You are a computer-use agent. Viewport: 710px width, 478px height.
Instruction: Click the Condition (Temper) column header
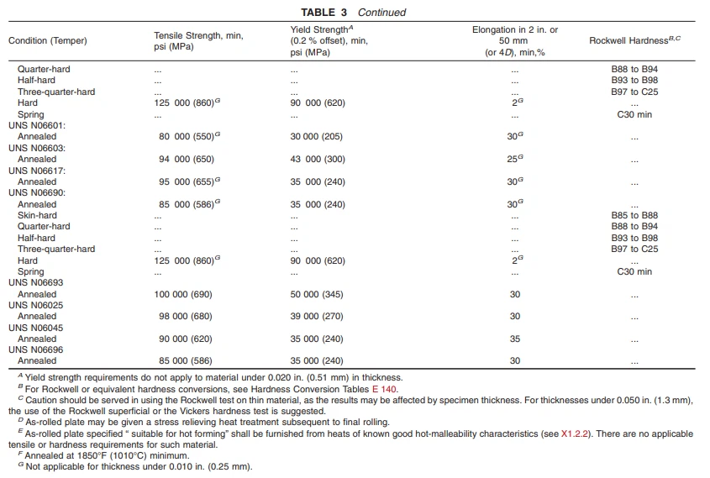tap(48, 40)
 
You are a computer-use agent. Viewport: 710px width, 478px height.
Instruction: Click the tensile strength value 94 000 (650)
tap(186, 160)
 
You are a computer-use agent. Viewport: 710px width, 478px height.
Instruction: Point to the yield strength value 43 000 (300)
tap(318, 160)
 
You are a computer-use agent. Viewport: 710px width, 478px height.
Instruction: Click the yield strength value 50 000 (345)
tap(318, 295)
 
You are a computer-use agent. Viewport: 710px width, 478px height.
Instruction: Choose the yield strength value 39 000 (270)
tap(318, 317)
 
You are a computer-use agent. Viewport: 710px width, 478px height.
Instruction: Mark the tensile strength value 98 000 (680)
tap(186, 317)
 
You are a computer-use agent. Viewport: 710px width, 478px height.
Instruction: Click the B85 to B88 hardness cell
tap(634, 216)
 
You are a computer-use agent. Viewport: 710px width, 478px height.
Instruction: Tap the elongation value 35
tap(514, 339)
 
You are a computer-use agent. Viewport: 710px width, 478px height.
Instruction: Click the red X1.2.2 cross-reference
tap(576, 433)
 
